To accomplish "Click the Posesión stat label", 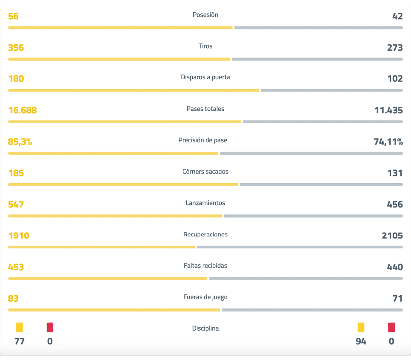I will [205, 15].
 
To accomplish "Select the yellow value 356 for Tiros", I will [16, 48].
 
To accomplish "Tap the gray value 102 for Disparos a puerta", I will [395, 79].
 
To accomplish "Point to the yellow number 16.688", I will [22, 110].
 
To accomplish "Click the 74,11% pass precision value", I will [388, 142].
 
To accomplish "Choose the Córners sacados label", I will [205, 172].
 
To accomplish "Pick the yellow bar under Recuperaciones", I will [101, 247].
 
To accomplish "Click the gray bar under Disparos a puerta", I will [331, 90].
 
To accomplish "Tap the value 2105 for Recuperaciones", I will [392, 236].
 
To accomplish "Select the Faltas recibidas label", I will [205, 266].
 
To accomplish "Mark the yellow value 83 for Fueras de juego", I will [13, 299].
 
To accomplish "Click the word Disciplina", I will [205, 328].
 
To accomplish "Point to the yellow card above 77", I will [19, 328].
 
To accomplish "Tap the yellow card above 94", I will [361, 328].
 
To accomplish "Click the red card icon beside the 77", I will [50, 328].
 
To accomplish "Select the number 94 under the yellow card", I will [361, 341].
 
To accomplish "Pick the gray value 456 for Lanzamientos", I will [394, 204].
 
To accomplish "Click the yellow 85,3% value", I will [20, 142].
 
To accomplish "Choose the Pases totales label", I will [205, 109].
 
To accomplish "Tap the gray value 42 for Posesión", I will [397, 16].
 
